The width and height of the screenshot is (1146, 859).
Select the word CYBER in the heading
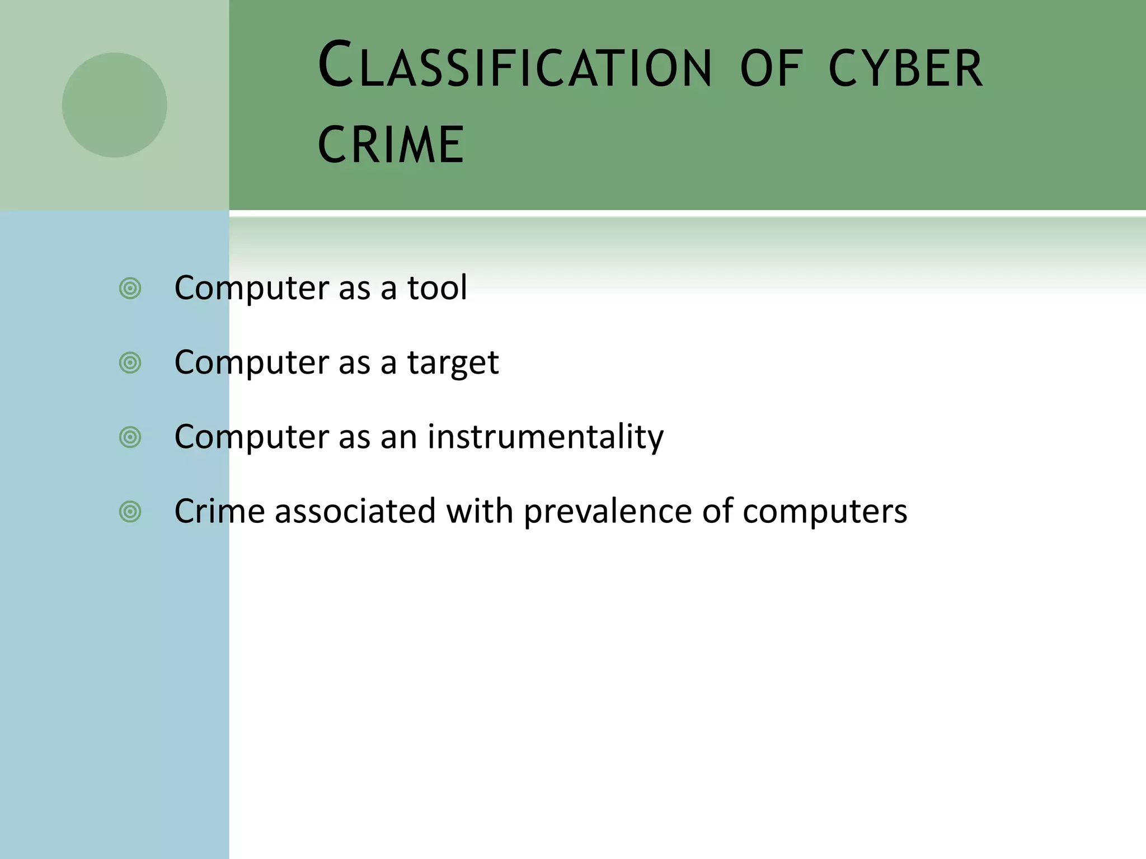point(905,68)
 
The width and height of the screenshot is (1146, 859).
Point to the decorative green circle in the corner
point(114,105)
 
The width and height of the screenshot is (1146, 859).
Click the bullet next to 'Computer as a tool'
point(130,289)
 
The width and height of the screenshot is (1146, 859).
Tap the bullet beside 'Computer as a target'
point(130,363)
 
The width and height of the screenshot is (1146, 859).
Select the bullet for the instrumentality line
point(130,437)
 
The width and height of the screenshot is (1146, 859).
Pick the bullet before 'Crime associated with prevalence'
point(130,511)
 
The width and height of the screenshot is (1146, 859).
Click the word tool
point(436,287)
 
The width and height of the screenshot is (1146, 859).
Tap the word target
point(452,362)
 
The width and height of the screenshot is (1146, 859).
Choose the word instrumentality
point(546,436)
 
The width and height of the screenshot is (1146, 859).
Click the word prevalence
point(608,511)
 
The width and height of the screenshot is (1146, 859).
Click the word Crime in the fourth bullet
point(219,511)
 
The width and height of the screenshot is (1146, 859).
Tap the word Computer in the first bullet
point(251,287)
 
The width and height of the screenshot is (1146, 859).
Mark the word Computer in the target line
point(251,362)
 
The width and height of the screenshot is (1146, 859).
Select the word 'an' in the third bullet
point(398,436)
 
